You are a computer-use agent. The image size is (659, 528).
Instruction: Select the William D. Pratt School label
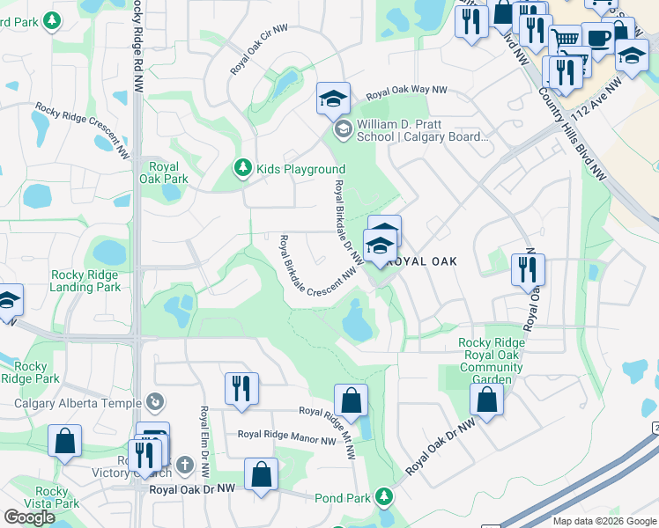(421, 130)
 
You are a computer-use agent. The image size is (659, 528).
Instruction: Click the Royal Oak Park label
(164, 172)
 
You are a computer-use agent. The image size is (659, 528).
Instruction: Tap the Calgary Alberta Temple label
(78, 404)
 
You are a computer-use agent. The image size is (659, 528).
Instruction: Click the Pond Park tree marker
(383, 497)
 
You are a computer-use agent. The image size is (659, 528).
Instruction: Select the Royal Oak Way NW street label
(407, 91)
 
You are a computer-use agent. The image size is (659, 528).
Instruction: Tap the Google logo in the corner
(30, 517)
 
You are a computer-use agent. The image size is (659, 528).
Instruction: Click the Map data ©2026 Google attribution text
(603, 521)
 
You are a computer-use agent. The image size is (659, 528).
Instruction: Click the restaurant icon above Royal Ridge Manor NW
(241, 388)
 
